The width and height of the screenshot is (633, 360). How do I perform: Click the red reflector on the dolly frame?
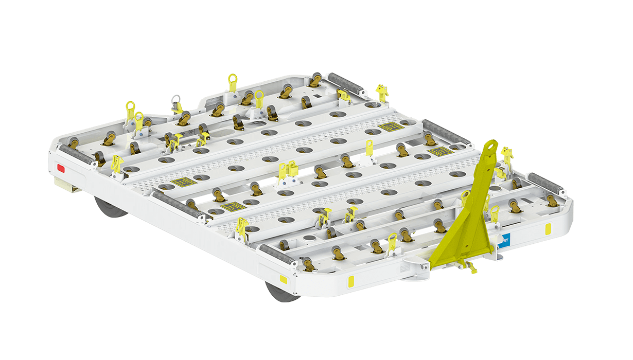(x=61, y=168)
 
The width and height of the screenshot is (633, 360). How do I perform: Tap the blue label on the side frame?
(x=504, y=240)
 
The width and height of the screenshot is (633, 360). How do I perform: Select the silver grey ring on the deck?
(x=176, y=99)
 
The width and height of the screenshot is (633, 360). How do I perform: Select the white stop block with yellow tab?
(x=366, y=160)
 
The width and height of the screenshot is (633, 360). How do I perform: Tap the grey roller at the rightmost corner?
(x=546, y=183)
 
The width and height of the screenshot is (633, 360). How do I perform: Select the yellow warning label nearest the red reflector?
(x=181, y=182)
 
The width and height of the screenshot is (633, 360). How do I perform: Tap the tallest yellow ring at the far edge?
(x=233, y=82)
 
